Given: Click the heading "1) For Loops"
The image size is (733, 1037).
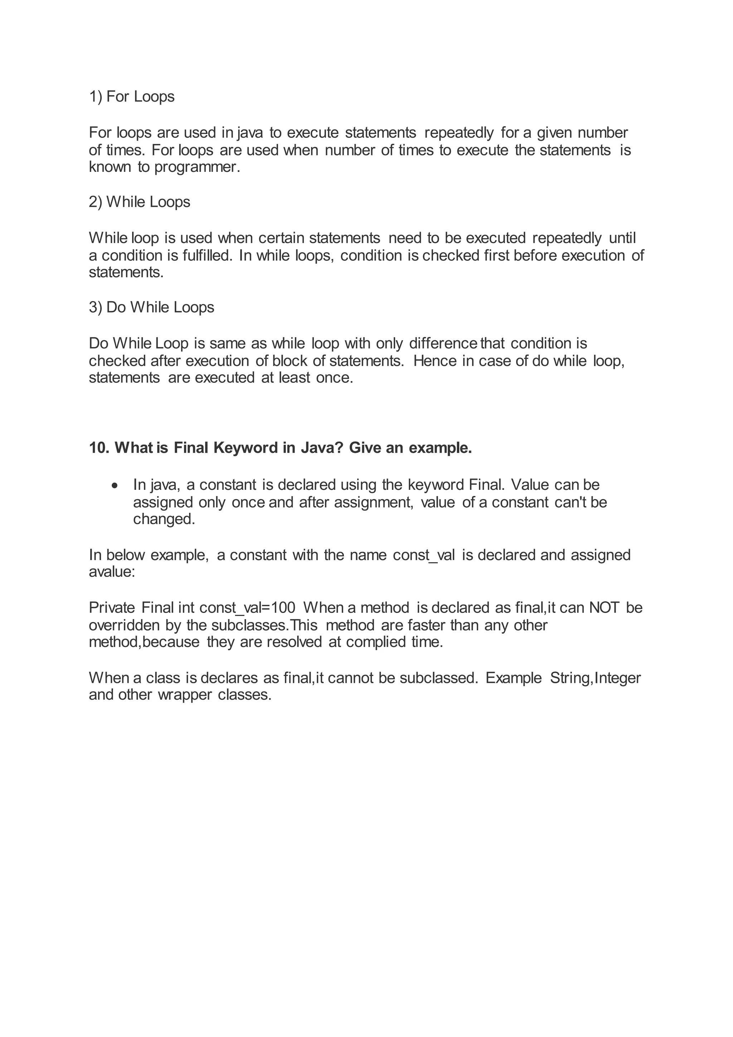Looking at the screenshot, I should [x=131, y=97].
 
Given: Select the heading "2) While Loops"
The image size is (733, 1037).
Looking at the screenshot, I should [x=140, y=202].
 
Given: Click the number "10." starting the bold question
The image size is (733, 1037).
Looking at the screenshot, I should [x=99, y=448].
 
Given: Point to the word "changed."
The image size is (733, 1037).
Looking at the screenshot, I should [x=164, y=520].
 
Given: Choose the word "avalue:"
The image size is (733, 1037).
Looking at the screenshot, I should [x=112, y=572].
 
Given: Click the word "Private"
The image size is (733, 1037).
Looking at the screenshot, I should [x=111, y=608].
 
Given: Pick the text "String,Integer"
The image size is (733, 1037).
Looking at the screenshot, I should [x=595, y=678].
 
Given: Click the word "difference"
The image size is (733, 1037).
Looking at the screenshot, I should [x=443, y=344].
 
